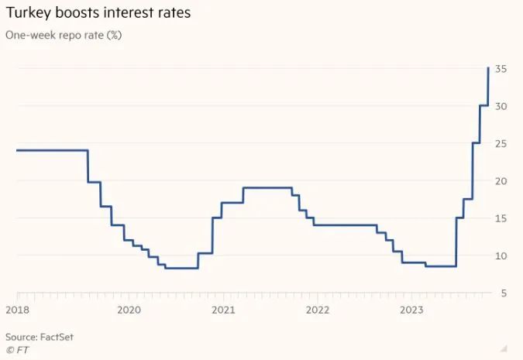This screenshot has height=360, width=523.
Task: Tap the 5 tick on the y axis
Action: [504, 293]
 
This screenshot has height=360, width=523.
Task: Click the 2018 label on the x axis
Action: [17, 310]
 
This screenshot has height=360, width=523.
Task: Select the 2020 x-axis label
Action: [129, 310]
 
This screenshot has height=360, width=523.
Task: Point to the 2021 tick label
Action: [223, 310]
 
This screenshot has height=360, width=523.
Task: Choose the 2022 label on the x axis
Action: [318, 310]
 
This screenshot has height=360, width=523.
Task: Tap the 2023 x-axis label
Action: [413, 310]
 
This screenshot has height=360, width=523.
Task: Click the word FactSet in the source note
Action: [57, 337]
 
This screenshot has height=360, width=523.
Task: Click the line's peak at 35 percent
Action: [487, 69]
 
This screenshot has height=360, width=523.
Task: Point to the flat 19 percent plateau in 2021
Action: [267, 188]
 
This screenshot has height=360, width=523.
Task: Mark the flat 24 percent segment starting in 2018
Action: [51, 150]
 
